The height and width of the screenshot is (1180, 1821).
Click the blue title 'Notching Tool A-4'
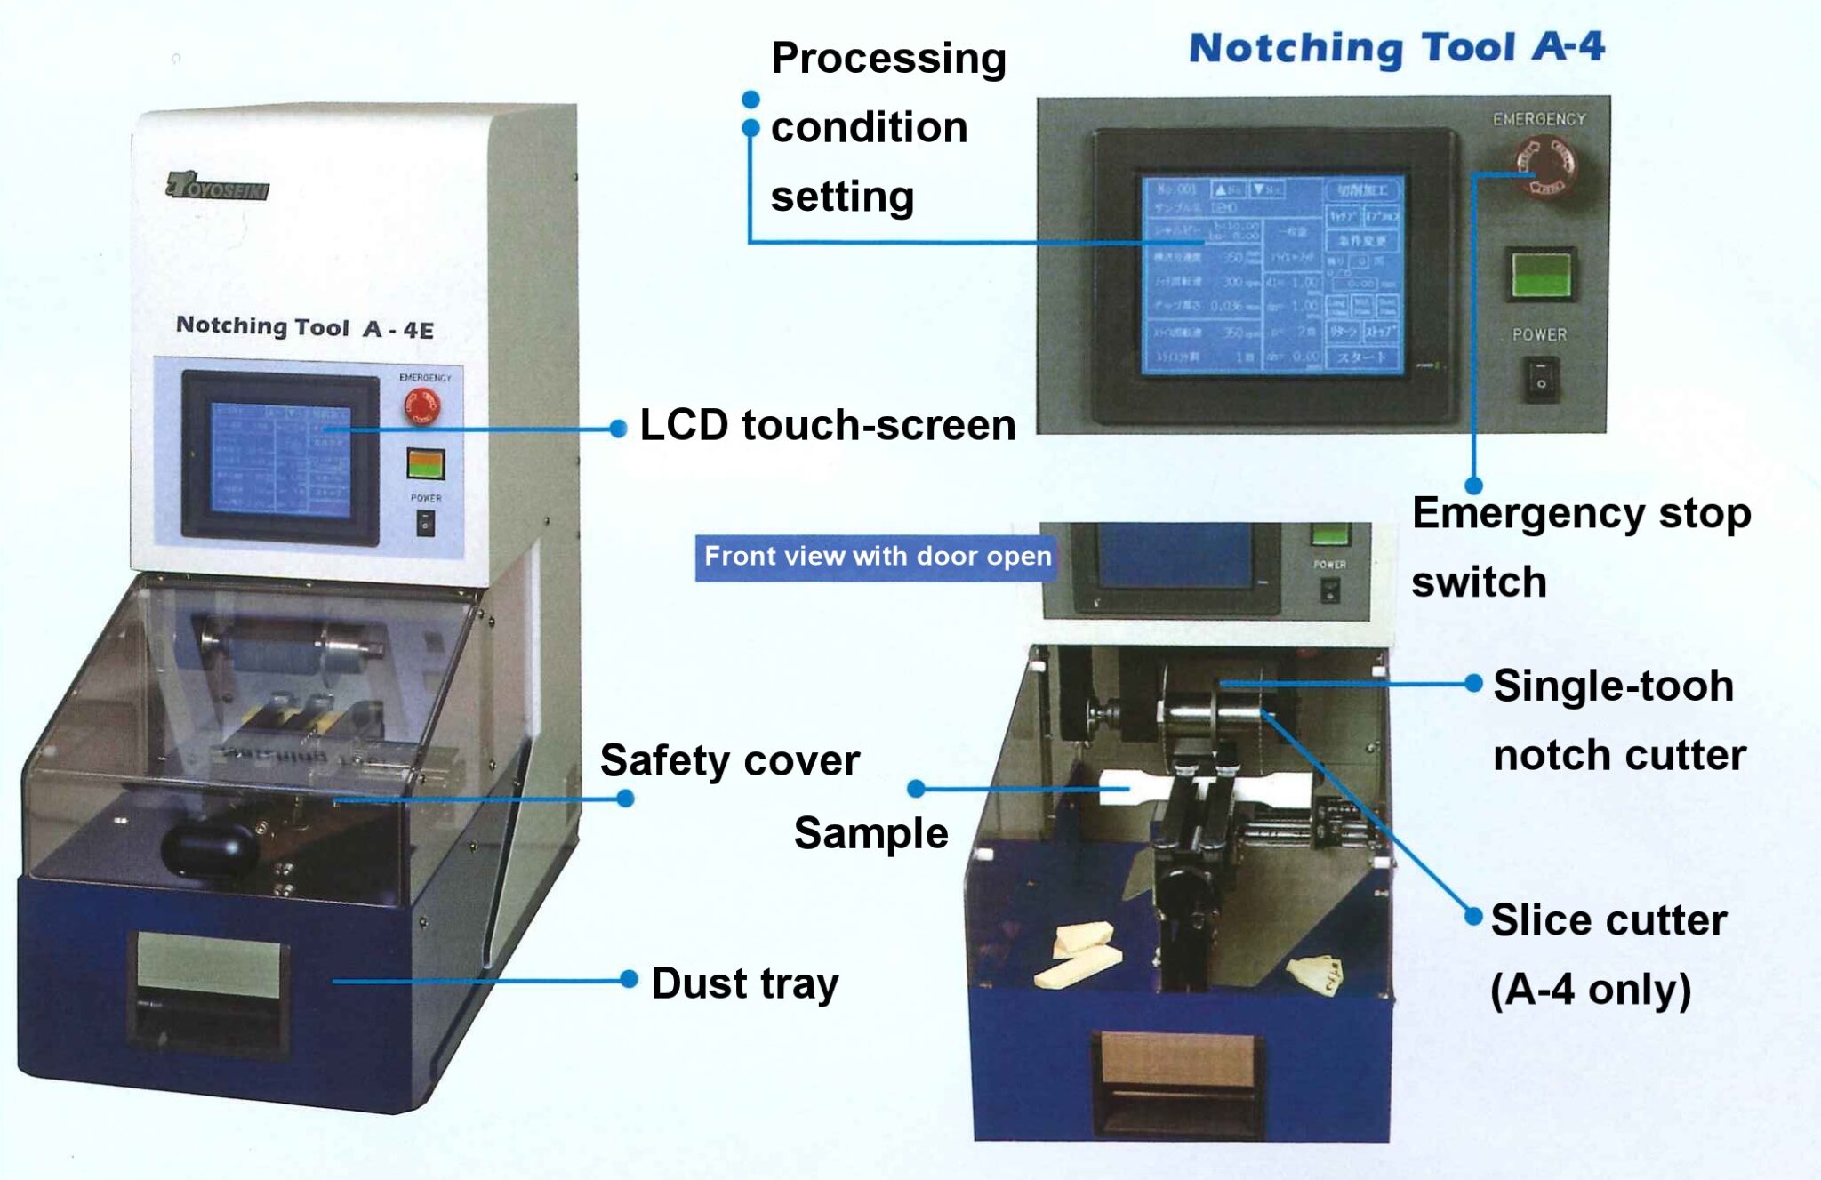click(x=1396, y=48)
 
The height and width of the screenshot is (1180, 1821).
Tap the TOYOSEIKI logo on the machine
click(x=218, y=187)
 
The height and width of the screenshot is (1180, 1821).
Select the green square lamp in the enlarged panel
click(x=1542, y=274)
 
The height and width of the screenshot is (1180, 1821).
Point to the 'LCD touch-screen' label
click(x=827, y=426)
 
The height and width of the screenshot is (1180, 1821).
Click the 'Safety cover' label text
click(x=729, y=761)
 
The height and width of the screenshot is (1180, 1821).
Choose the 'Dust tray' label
click(x=745, y=983)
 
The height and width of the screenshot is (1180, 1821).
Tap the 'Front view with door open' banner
click(x=877, y=558)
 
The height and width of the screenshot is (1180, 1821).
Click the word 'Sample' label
click(x=870, y=834)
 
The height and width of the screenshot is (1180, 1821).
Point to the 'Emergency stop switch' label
click(x=1579, y=547)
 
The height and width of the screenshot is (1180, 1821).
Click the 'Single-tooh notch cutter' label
click(x=1618, y=720)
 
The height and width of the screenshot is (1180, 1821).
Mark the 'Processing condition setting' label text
click(x=887, y=127)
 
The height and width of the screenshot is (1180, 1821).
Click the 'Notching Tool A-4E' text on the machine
click(x=304, y=327)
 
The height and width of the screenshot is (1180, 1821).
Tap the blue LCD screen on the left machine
click(x=280, y=459)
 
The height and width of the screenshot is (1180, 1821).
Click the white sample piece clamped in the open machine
click(x=1122, y=788)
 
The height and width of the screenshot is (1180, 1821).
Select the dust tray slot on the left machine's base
click(x=209, y=987)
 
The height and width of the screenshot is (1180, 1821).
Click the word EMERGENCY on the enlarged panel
click(x=1538, y=119)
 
